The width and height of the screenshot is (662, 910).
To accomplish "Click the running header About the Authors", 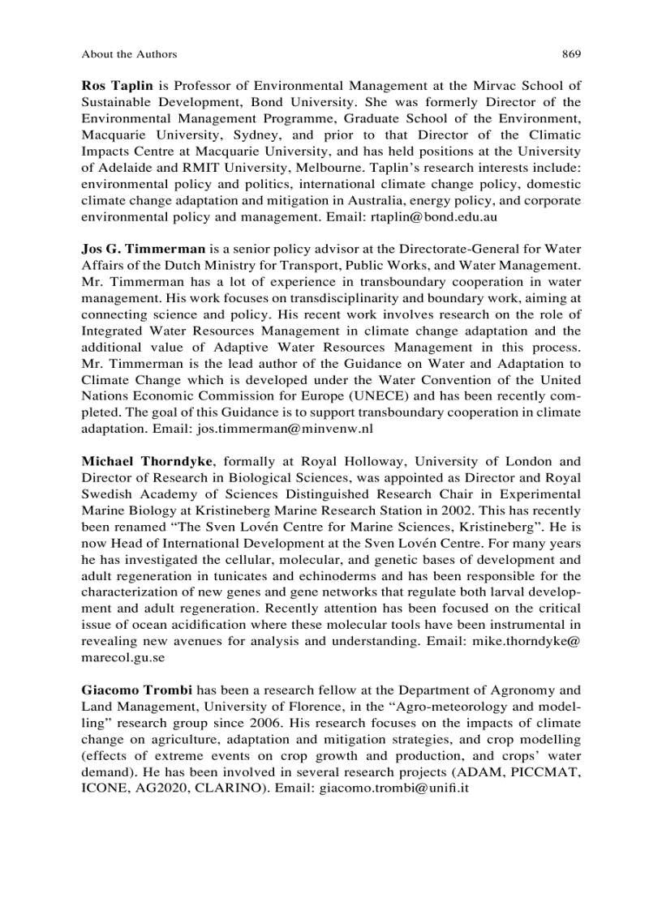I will click(129, 54).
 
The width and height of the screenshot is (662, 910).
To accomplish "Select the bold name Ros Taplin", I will click(118, 85).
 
